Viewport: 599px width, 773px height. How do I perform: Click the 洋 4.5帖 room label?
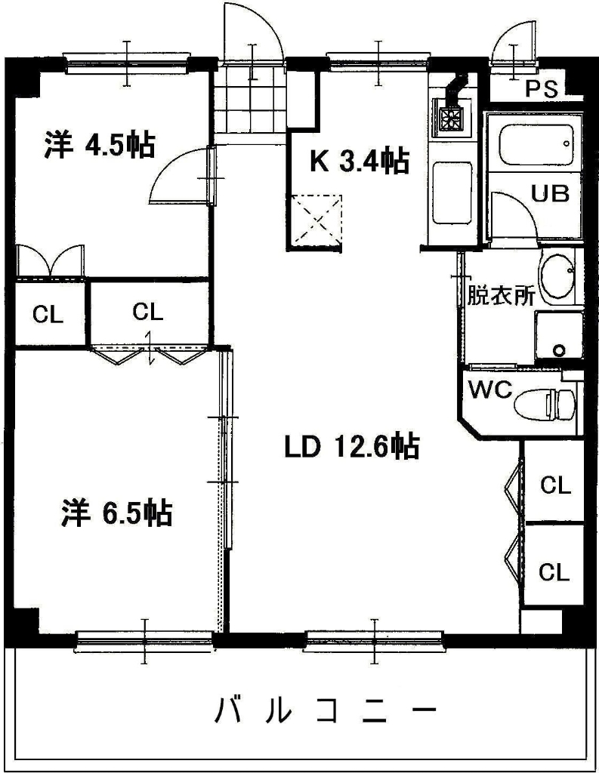99,145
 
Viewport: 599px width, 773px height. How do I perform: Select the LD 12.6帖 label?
351,448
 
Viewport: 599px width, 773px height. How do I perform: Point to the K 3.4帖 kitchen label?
360,161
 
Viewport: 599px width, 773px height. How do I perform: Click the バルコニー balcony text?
326,710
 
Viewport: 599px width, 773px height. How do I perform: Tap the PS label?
541,89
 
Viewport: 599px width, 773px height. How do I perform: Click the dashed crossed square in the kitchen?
316,220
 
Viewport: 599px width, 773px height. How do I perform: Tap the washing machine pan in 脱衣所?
558,337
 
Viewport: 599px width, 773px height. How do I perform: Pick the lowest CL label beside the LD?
554,573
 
